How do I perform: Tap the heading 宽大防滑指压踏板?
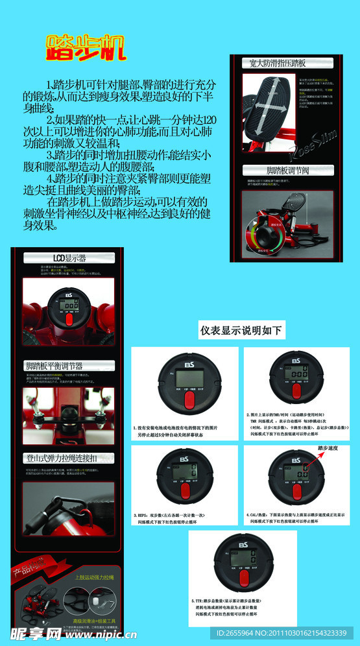click(x=278, y=63)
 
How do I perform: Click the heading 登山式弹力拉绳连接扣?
click(x=62, y=458)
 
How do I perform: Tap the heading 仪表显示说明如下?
click(x=241, y=330)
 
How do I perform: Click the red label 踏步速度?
click(x=329, y=448)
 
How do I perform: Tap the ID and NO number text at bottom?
click(x=286, y=633)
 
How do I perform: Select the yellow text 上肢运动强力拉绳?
click(x=93, y=577)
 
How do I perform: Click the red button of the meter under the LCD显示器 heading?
click(x=69, y=321)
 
